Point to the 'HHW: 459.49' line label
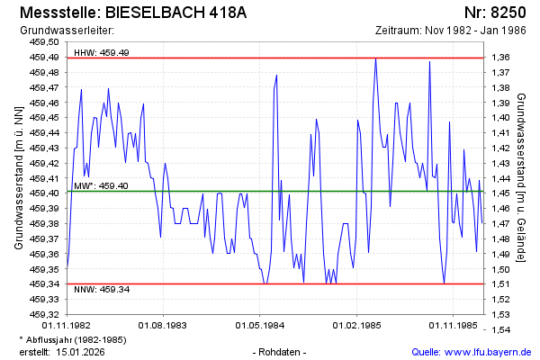tap(102, 53)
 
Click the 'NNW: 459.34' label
tap(102, 289)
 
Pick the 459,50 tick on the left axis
tap(46, 42)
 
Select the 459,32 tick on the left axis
tap(46, 314)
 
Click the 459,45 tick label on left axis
tap(46, 118)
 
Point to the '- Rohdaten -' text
tap(281, 351)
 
